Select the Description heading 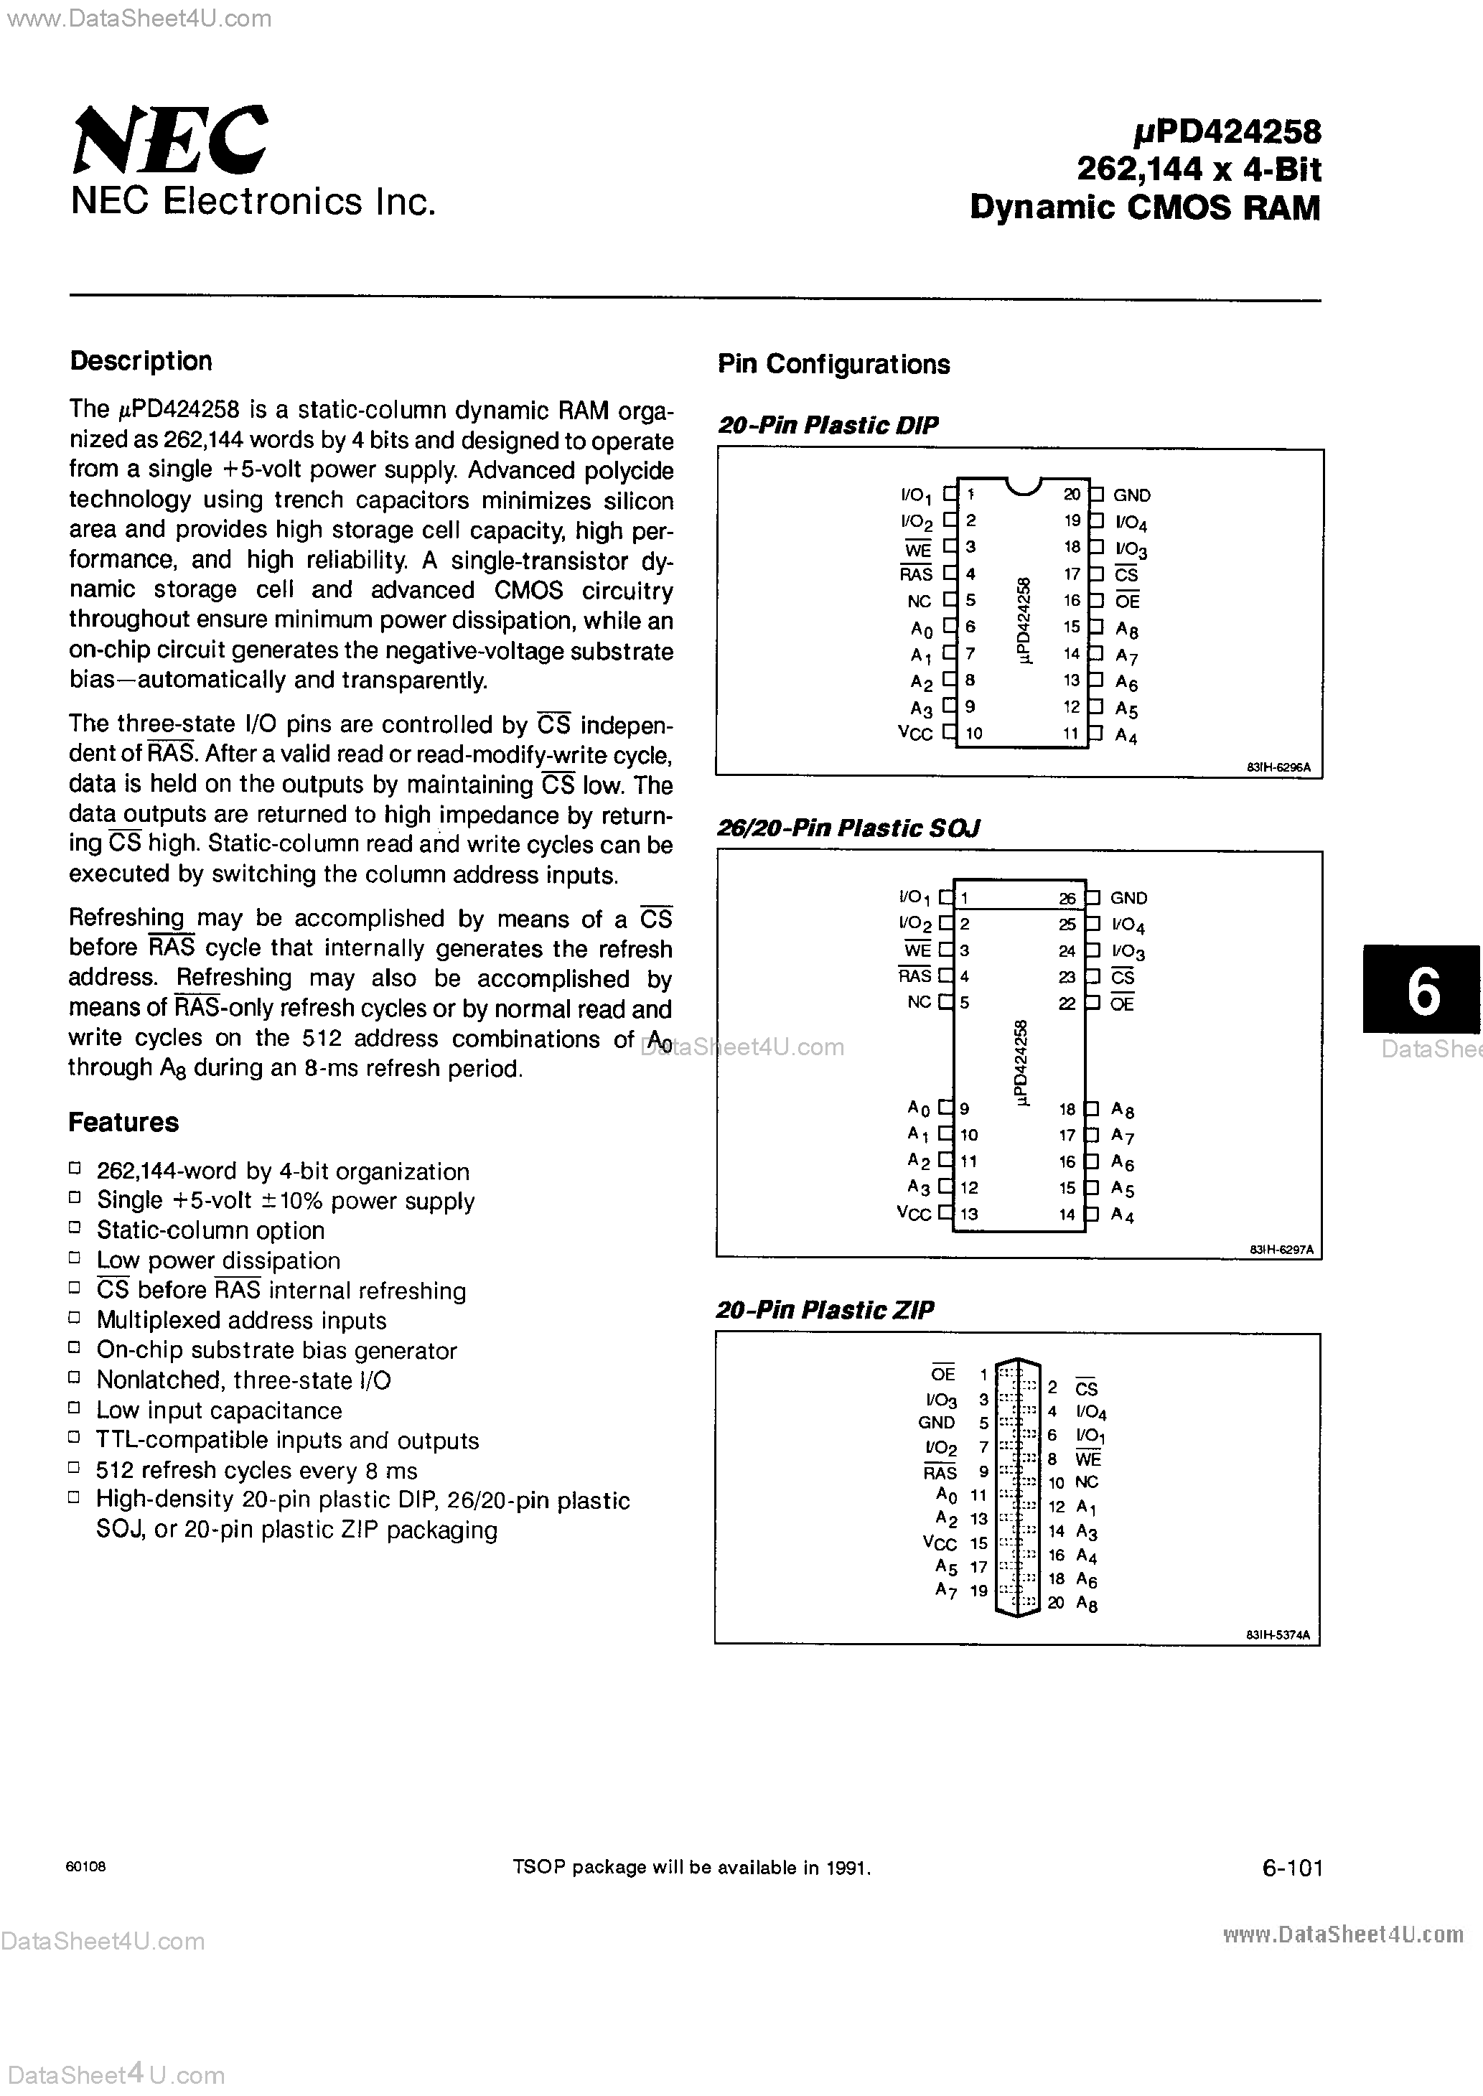pyautogui.click(x=141, y=362)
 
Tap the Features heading pyautogui.click(x=123, y=1122)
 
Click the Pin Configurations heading pyautogui.click(x=833, y=364)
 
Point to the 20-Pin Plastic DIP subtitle pyautogui.click(x=828, y=426)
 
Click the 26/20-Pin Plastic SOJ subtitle pyautogui.click(x=848, y=828)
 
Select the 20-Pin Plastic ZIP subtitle pyautogui.click(x=825, y=1310)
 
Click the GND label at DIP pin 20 pyautogui.click(x=1131, y=495)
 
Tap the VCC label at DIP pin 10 pyautogui.click(x=915, y=733)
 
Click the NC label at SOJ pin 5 pyautogui.click(x=919, y=1002)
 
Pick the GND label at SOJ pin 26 pyautogui.click(x=1128, y=898)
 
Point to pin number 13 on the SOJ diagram pyautogui.click(x=969, y=1214)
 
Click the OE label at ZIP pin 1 pyautogui.click(x=942, y=1375)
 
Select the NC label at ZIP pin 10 pyautogui.click(x=1087, y=1482)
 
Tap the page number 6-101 pyautogui.click(x=1291, y=1868)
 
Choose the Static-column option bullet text pyautogui.click(x=210, y=1230)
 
